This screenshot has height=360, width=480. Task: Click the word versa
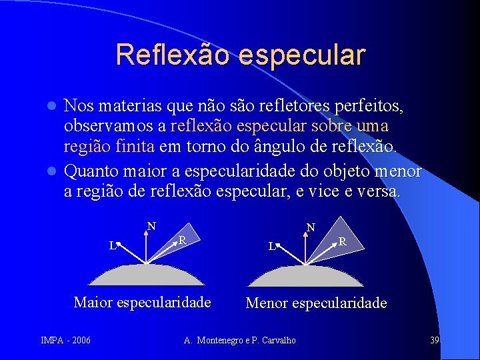click(x=381, y=192)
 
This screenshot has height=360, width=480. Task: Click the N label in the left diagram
click(x=151, y=226)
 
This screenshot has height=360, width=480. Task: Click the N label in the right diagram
click(x=311, y=228)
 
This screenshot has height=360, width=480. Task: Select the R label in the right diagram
click(x=341, y=241)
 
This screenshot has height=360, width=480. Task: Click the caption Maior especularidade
click(x=142, y=302)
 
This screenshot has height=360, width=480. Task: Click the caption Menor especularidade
click(x=316, y=303)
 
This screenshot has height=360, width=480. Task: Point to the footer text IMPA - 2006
click(x=65, y=341)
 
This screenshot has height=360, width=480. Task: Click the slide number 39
click(x=434, y=341)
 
